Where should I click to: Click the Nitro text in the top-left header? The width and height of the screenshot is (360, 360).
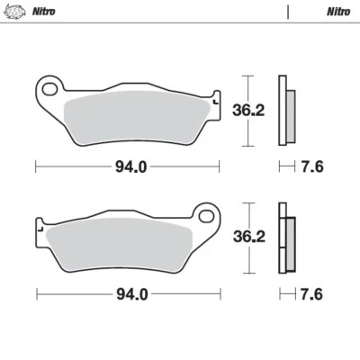coord(42,12)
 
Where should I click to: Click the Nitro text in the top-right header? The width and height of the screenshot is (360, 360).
coord(338,12)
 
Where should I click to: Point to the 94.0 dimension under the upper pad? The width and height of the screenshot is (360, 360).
coord(127,166)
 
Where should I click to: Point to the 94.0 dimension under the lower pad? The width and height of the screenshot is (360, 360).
coord(127,294)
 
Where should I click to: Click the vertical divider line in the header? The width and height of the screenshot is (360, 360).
coord(287,12)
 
